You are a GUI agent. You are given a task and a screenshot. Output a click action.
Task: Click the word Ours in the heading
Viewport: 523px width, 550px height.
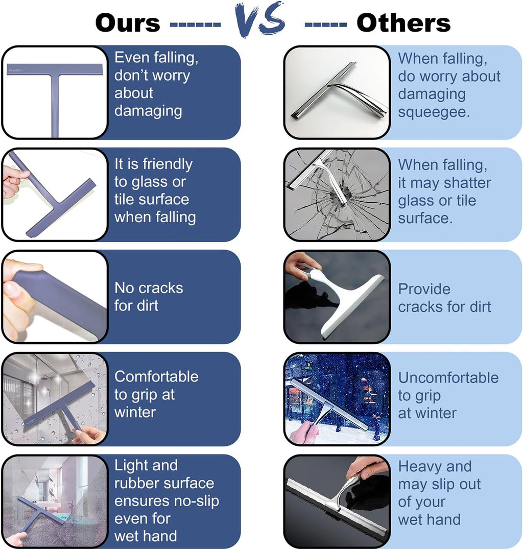point(128,23)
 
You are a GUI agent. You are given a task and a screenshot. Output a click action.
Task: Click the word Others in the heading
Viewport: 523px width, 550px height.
point(403,23)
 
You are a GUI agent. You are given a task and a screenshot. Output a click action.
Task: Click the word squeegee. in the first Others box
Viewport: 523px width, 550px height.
point(434,112)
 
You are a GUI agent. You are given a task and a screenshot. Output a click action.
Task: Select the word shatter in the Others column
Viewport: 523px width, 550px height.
point(467,183)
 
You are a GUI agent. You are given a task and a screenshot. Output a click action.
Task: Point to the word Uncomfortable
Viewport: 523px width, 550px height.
point(448,378)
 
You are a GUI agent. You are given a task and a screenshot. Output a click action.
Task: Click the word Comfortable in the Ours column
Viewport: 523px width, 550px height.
point(156,377)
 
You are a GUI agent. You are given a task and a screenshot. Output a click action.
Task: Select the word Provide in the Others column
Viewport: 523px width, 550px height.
point(424,290)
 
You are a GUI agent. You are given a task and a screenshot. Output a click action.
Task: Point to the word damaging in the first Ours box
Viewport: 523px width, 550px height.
point(148,111)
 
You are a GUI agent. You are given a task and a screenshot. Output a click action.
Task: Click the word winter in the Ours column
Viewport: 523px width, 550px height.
point(135,412)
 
